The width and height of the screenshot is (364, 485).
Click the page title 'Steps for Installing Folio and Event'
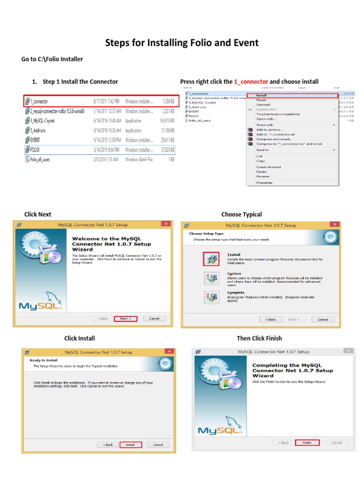click(x=182, y=43)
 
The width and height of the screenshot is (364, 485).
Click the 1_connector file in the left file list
click(x=39, y=101)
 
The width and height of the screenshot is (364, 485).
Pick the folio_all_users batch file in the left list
click(x=40, y=160)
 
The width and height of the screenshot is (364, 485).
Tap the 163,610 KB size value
click(x=165, y=121)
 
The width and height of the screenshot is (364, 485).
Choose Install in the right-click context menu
click(x=262, y=95)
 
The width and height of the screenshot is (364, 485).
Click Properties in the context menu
click(x=264, y=182)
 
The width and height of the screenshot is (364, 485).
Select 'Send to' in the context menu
click(x=262, y=150)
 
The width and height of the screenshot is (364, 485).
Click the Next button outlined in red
click(x=126, y=319)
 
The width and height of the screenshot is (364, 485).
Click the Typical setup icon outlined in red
click(x=211, y=259)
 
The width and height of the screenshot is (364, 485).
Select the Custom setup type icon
click(x=211, y=278)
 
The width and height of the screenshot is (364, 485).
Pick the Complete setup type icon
click(x=211, y=297)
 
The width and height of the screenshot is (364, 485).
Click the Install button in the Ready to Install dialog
click(x=130, y=445)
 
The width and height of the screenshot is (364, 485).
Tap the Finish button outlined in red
click(x=307, y=442)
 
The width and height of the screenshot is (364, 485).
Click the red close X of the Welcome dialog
click(x=166, y=224)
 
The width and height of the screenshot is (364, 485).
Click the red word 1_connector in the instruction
click(x=251, y=81)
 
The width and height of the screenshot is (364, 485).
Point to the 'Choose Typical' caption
click(x=242, y=215)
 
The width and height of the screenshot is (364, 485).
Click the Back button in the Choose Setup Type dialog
click(x=271, y=319)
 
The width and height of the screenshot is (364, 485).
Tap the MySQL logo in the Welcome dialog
click(x=40, y=304)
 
